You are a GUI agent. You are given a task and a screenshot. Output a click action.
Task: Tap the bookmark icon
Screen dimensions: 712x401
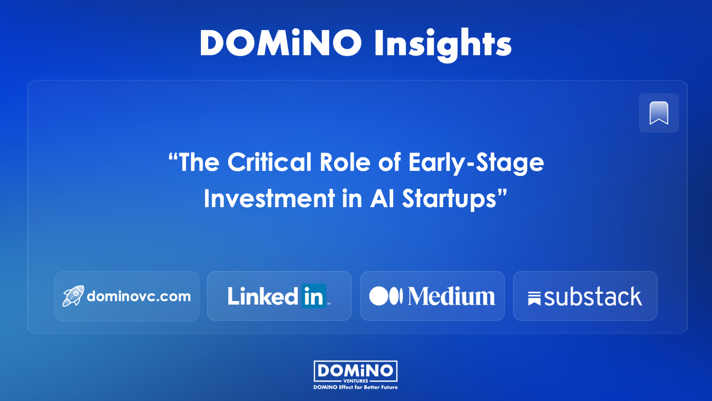[x=659, y=113]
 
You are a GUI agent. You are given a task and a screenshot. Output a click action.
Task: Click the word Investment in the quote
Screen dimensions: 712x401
[x=269, y=198]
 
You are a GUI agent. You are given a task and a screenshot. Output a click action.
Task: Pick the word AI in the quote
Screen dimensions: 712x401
[x=382, y=198]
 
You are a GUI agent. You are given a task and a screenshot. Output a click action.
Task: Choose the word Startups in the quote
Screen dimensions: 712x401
[x=449, y=199]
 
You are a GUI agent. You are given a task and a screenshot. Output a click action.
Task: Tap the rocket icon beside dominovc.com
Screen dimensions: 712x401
[x=73, y=296]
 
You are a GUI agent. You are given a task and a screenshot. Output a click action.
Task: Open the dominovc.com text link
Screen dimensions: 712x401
[x=139, y=296]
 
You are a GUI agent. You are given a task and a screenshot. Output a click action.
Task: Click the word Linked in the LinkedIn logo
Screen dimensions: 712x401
[x=263, y=296]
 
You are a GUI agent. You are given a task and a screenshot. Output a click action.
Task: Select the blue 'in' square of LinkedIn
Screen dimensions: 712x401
[x=314, y=296]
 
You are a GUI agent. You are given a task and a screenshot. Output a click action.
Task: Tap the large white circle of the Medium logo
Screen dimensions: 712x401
[x=379, y=296]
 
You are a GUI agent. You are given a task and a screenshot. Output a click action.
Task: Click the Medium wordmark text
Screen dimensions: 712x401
[x=452, y=296]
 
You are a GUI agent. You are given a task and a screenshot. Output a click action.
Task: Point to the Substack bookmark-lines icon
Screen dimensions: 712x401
[x=534, y=299]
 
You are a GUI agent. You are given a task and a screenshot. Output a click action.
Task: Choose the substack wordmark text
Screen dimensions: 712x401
[x=593, y=297]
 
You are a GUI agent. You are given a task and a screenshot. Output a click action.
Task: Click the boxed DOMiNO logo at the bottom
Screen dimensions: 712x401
[x=356, y=371]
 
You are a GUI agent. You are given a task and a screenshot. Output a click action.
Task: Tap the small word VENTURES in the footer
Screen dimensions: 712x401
[x=356, y=381]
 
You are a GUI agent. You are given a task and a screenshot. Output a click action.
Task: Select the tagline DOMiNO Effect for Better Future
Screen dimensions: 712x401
[x=356, y=387]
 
